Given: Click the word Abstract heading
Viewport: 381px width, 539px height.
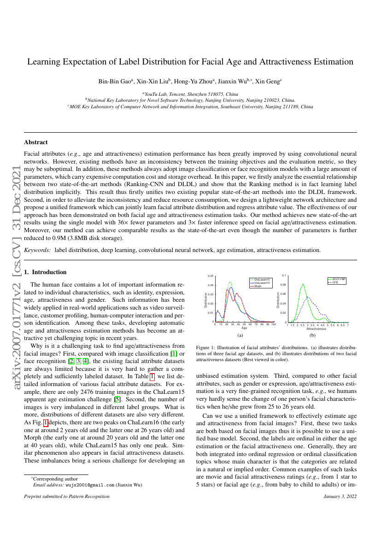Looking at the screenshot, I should pyautogui.click(x=35, y=142).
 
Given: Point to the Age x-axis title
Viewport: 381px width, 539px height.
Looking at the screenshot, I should pyautogui.click(x=244, y=328).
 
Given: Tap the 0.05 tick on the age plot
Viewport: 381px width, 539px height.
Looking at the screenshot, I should pyautogui.click(x=210, y=276).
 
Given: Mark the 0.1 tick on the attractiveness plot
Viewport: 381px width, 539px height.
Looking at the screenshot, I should pyautogui.click(x=284, y=275).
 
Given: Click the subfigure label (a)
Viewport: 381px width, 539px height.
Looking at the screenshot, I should pyautogui.click(x=240, y=336).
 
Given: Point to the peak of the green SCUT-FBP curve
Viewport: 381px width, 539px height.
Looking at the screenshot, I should pyautogui.click(x=303, y=284).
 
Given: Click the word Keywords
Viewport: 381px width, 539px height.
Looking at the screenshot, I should pyautogui.click(x=37, y=250).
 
